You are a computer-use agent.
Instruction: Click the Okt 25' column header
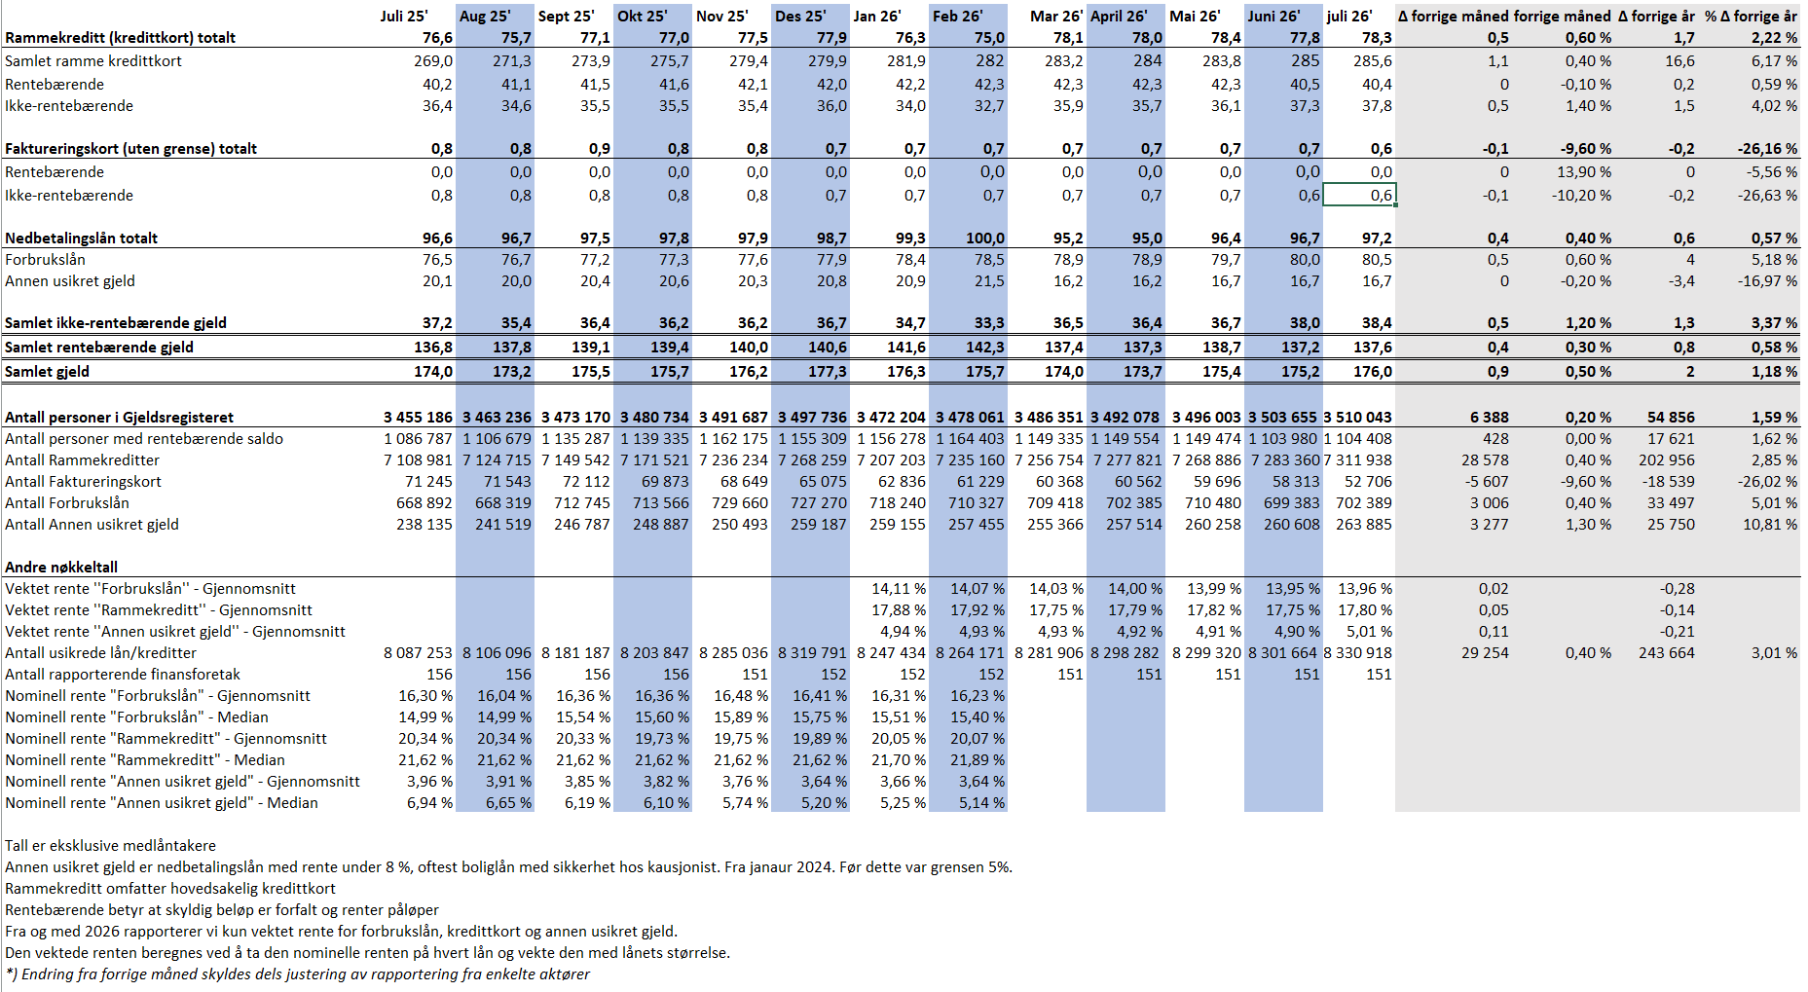pyautogui.click(x=642, y=16)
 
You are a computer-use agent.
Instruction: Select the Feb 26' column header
pyautogui.click(x=957, y=16)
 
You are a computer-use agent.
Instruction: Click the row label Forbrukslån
pyautogui.click(x=45, y=260)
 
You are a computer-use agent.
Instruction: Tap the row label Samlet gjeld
pyautogui.click(x=47, y=371)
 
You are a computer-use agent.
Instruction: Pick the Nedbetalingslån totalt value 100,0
pyautogui.click(x=984, y=239)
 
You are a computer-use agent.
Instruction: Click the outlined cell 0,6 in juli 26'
pyautogui.click(x=1382, y=196)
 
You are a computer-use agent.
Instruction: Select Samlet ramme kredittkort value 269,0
pyautogui.click(x=433, y=61)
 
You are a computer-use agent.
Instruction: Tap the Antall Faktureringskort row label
pyautogui.click(x=83, y=482)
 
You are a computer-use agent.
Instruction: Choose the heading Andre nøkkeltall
pyautogui.click(x=61, y=568)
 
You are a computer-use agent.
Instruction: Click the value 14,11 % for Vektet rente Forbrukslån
pyautogui.click(x=899, y=589)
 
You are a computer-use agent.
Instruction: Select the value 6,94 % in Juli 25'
pyautogui.click(x=429, y=803)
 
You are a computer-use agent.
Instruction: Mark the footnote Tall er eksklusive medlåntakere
pyautogui.click(x=110, y=846)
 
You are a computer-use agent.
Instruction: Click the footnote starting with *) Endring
pyautogui.click(x=297, y=974)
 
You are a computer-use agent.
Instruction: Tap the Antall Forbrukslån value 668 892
pyautogui.click(x=424, y=503)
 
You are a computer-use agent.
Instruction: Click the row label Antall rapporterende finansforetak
pyautogui.click(x=123, y=675)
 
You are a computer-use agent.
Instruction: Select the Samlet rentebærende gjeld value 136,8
pyautogui.click(x=433, y=348)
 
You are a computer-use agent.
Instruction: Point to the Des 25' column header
pyautogui.click(x=800, y=16)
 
